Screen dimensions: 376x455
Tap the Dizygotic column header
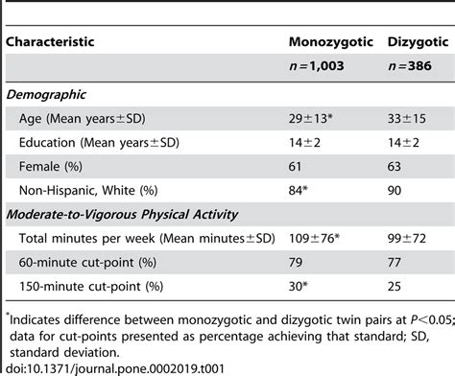coord(418,43)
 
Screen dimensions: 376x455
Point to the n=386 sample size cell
coord(407,68)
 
